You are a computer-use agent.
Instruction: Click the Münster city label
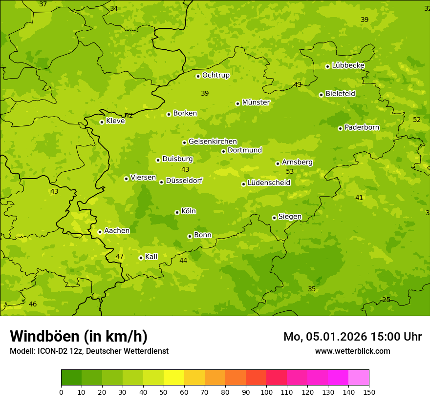click(256, 102)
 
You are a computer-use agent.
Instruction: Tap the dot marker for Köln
click(177, 212)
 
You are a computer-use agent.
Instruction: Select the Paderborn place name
click(362, 127)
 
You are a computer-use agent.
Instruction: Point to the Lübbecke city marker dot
click(327, 66)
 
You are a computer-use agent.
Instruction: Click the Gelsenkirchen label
click(213, 142)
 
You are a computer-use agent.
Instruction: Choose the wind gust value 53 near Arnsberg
click(290, 171)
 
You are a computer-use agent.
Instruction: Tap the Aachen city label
click(117, 231)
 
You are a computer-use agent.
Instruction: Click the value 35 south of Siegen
click(312, 289)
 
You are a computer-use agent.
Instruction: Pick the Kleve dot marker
click(102, 122)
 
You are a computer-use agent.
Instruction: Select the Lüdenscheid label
click(269, 183)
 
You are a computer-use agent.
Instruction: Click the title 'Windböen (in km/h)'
click(79, 336)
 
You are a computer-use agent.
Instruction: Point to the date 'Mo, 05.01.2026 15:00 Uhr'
click(352, 337)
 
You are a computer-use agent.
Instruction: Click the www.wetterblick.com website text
click(352, 351)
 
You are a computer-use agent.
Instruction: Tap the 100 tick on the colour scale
click(266, 392)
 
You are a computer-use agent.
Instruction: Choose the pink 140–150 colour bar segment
click(359, 378)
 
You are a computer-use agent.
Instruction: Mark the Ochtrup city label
click(215, 75)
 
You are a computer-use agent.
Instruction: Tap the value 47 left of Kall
click(120, 256)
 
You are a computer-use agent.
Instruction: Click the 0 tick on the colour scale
click(61, 392)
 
